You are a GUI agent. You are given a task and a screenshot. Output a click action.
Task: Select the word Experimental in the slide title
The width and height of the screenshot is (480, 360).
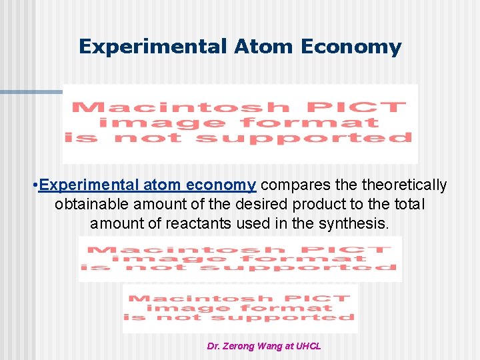click(153, 47)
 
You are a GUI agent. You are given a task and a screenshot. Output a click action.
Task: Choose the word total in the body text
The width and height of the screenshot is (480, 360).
click(409, 204)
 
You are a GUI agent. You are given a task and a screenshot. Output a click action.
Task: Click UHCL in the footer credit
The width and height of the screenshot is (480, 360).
click(309, 347)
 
